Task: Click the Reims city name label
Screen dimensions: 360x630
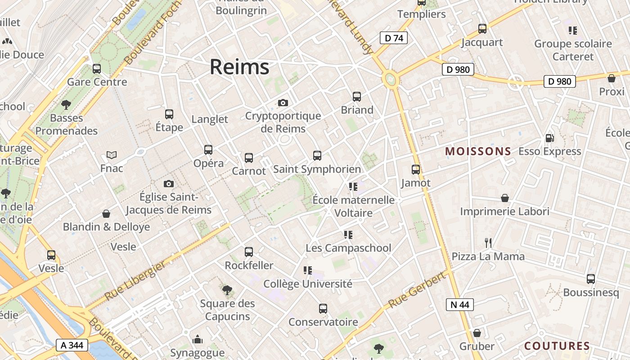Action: pyautogui.click(x=239, y=67)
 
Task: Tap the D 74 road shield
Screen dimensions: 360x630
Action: pyautogui.click(x=394, y=38)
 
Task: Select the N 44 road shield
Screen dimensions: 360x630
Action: pyautogui.click(x=459, y=305)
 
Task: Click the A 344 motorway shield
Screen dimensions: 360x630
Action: pyautogui.click(x=72, y=345)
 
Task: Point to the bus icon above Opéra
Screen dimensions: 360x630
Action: pyautogui.click(x=208, y=150)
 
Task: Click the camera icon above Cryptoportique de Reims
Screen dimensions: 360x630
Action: pyautogui.click(x=283, y=103)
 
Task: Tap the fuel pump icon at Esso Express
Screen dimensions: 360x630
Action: pyautogui.click(x=549, y=138)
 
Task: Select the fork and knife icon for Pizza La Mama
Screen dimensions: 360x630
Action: pyautogui.click(x=488, y=243)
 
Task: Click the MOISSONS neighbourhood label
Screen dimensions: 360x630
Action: pyautogui.click(x=478, y=151)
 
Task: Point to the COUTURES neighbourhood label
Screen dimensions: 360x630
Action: pyautogui.click(x=557, y=346)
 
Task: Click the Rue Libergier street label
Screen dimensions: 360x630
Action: pyautogui.click(x=135, y=282)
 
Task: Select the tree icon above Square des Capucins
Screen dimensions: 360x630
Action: pyautogui.click(x=227, y=290)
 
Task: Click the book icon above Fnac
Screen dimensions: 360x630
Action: pyautogui.click(x=112, y=155)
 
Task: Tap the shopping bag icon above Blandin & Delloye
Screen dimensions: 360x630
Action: pyautogui.click(x=106, y=213)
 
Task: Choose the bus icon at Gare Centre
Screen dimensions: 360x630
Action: pyautogui.click(x=96, y=69)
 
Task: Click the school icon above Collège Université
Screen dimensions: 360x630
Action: pyautogui.click(x=308, y=270)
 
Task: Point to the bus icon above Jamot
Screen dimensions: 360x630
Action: pyautogui.click(x=416, y=170)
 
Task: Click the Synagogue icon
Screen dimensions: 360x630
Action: pyautogui.click(x=197, y=340)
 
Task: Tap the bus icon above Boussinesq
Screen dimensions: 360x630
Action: pyautogui.click(x=591, y=279)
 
